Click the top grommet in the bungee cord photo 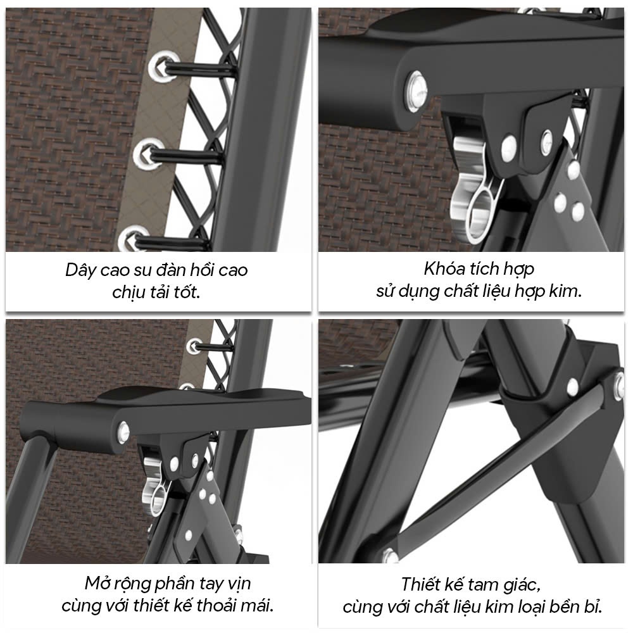162,66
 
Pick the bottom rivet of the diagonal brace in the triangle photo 389,555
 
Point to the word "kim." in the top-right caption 565,291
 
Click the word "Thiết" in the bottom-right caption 422,584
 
